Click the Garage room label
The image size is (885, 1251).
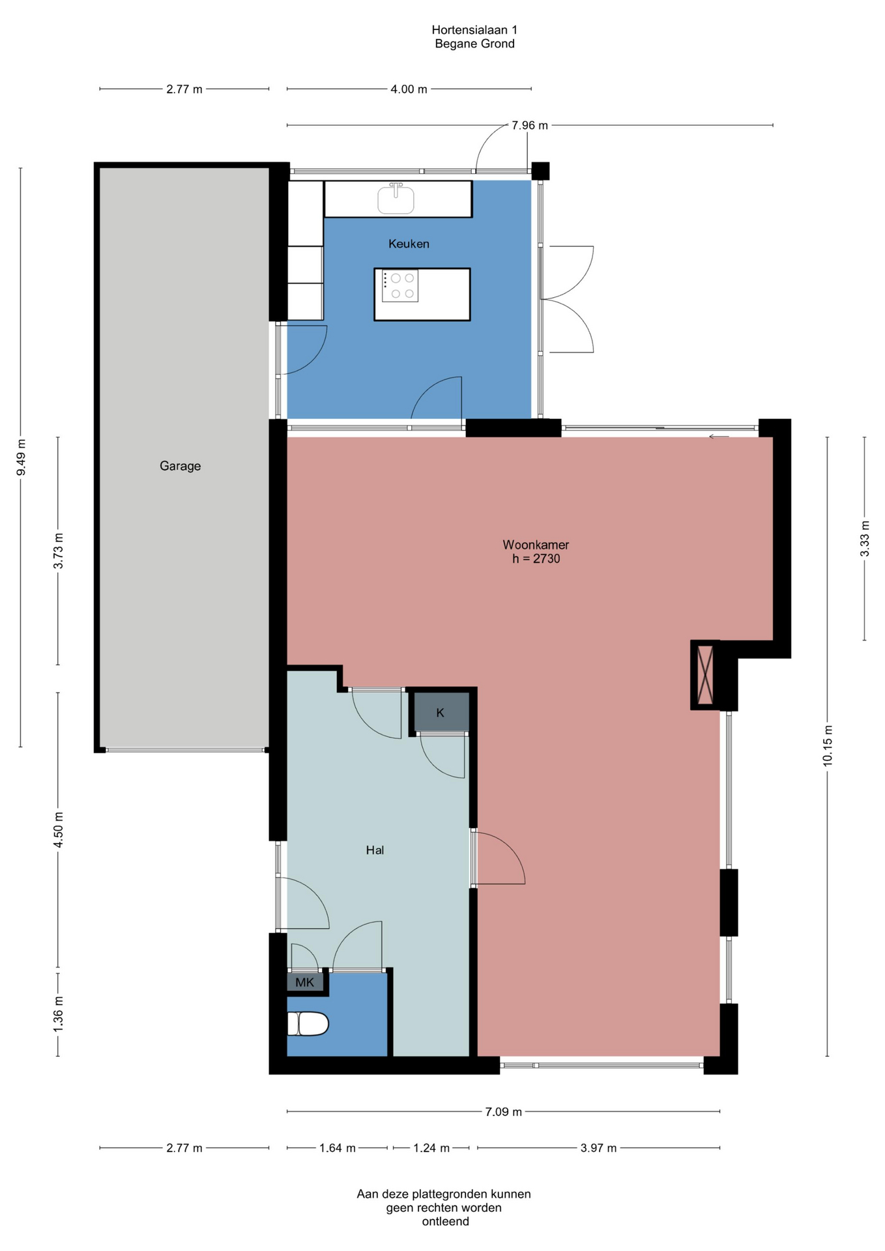(x=180, y=466)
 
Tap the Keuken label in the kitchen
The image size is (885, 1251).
(x=409, y=244)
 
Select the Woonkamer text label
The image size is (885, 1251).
(x=536, y=545)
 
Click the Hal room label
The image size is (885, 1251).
(x=375, y=850)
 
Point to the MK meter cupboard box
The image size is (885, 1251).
(x=305, y=982)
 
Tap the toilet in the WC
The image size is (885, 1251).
(x=308, y=1024)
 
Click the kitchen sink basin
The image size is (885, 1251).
(x=396, y=199)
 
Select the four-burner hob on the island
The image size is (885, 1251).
(x=399, y=286)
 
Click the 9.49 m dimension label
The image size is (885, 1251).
(x=21, y=458)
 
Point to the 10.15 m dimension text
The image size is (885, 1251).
(x=828, y=745)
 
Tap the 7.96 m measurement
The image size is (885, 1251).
(x=530, y=125)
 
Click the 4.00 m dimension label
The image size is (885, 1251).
(x=409, y=89)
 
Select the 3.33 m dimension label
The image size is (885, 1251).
(x=865, y=538)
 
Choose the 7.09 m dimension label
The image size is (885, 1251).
(x=503, y=1112)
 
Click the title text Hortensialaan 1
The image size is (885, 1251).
(x=474, y=30)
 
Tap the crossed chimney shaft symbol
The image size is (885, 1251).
(x=705, y=675)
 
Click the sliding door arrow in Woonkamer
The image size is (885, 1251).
(x=719, y=437)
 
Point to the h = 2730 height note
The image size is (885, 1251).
(x=536, y=559)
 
